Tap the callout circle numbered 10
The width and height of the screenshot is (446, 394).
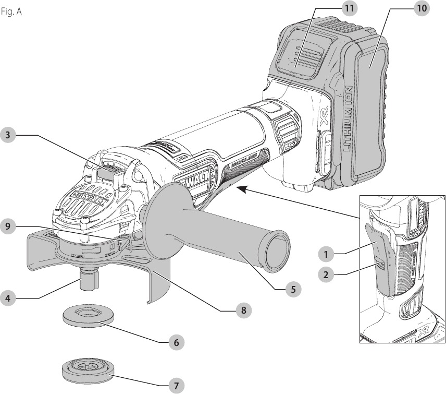(421, 9)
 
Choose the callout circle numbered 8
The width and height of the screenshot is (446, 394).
(242, 311)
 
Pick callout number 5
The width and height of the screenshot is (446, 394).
(294, 289)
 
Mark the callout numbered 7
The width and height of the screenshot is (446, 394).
(177, 386)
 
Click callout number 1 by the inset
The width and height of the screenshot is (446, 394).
(326, 255)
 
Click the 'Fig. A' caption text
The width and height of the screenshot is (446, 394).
(11, 11)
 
